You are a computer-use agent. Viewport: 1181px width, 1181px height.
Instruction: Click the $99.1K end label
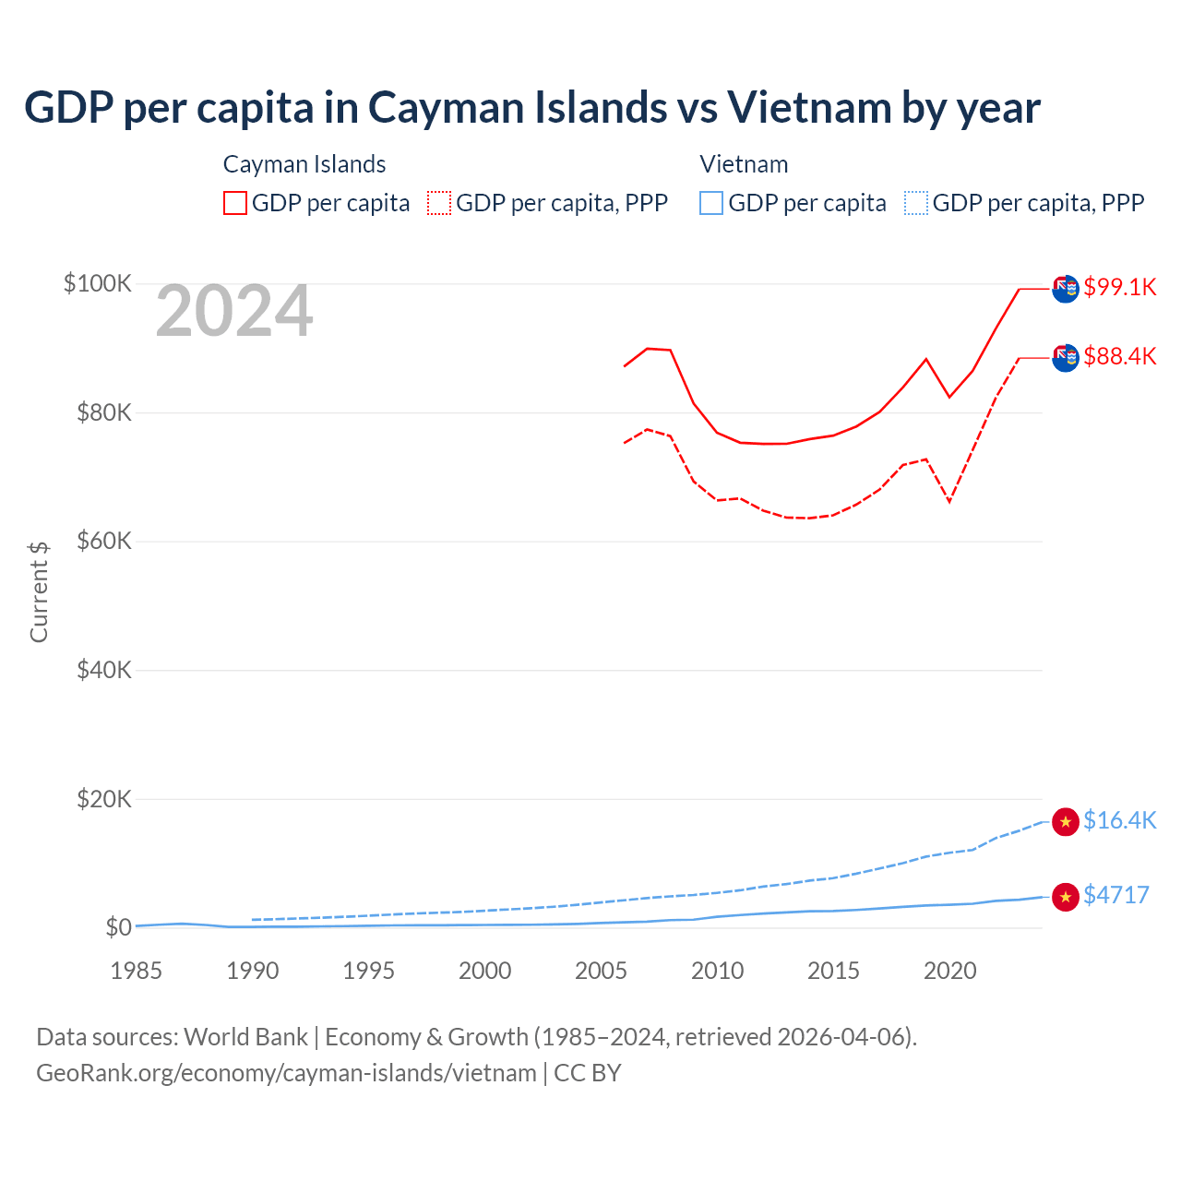click(1119, 287)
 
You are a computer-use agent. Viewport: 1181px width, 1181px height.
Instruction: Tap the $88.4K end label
click(1119, 356)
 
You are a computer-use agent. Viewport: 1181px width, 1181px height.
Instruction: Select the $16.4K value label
click(1119, 820)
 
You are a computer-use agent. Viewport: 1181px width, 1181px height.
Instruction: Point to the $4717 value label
click(1115, 895)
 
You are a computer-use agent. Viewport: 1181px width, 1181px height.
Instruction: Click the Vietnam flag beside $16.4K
click(1066, 821)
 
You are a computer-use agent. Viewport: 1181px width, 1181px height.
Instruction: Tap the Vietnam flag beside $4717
click(1066, 896)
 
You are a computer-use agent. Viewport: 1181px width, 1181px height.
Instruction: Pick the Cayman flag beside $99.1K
click(1066, 289)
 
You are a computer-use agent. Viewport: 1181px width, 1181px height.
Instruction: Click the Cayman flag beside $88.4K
click(1066, 358)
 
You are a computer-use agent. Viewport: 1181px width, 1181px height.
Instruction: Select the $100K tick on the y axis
click(98, 283)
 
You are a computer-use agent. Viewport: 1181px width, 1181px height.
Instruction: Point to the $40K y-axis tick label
click(104, 670)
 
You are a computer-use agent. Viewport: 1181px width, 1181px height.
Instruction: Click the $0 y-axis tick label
click(118, 927)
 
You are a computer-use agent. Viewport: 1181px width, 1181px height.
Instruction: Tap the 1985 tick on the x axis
click(136, 971)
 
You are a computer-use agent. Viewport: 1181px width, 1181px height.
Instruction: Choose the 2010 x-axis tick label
click(717, 971)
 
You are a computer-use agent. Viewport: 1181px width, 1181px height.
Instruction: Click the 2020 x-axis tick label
click(949, 971)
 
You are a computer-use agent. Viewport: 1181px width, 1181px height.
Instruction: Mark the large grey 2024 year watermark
click(234, 312)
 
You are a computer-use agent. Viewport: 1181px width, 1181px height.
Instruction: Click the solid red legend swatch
click(235, 203)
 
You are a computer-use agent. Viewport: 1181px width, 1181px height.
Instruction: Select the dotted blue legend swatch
click(916, 203)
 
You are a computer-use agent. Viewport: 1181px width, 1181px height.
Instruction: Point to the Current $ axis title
click(39, 591)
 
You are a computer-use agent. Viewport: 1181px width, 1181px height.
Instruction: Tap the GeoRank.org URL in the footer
click(286, 1073)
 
